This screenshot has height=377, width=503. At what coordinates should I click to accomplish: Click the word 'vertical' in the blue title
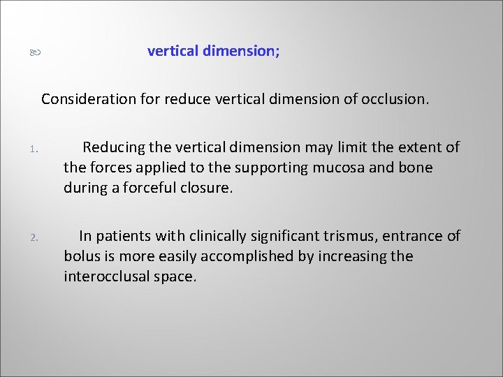(x=173, y=51)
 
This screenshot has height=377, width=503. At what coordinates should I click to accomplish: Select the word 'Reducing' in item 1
(x=113, y=147)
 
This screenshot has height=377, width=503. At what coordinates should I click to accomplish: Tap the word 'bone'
(x=416, y=168)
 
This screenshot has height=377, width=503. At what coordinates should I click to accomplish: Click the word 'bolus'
(x=81, y=256)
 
